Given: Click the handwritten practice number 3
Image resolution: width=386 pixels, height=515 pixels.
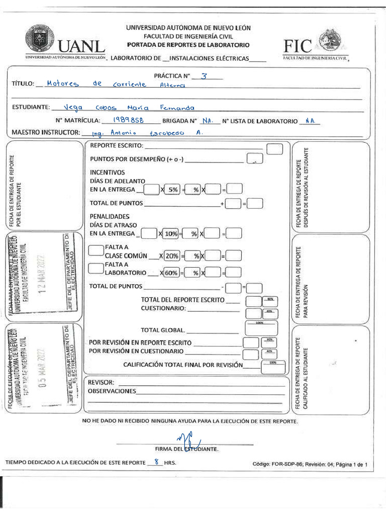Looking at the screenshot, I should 204,76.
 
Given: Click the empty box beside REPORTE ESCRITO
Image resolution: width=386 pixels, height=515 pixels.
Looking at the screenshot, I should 274,149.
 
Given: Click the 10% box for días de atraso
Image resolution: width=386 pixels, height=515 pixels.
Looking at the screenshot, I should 171,234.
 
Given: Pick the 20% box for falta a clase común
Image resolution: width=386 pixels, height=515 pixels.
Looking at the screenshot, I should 171,256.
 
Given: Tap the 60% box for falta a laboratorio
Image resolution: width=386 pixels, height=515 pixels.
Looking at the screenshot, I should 171,273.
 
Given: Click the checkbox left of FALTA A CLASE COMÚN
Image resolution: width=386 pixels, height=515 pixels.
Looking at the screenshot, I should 95,250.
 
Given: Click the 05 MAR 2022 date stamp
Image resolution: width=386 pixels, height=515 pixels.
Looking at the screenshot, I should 43,369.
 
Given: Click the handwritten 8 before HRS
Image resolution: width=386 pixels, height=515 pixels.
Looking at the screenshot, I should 157,462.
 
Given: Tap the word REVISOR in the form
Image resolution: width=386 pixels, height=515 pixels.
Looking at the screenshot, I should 101,382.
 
